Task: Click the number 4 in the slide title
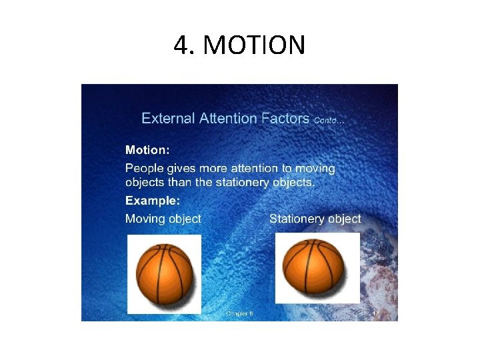click(180, 46)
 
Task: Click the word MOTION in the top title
click(254, 46)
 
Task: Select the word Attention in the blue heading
click(224, 119)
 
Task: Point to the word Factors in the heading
click(285, 119)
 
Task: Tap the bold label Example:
click(153, 200)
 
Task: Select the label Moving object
click(163, 219)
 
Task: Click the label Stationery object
click(315, 219)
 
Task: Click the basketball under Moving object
click(164, 273)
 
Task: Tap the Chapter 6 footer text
click(239, 313)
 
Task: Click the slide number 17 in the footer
click(376, 313)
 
